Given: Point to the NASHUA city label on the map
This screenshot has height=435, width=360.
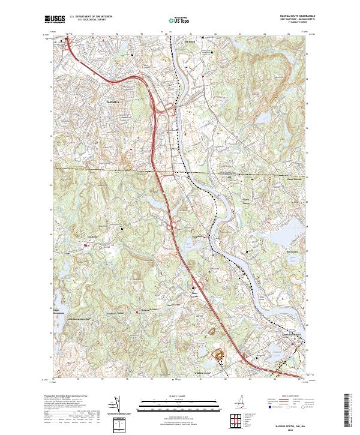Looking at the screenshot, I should (113, 103).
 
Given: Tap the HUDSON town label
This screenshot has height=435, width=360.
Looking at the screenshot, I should (190, 41).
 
